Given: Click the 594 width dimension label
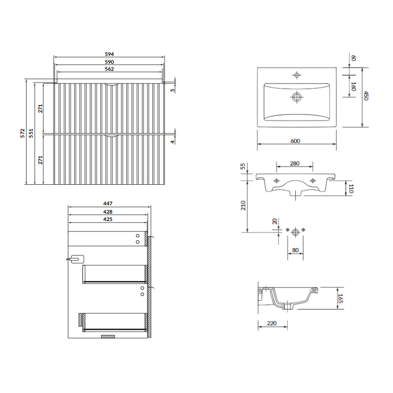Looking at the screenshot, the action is pos(109,54).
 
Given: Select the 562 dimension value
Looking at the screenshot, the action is pos(109,69).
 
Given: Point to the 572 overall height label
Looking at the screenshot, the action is pos(23,133).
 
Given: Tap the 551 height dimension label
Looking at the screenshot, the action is pos(31,133).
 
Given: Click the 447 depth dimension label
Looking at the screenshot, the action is pos(108,203).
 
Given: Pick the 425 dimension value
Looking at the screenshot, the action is pos(108,219).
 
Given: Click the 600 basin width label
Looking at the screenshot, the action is pos(295,141).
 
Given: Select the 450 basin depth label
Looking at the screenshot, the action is pos(366,96).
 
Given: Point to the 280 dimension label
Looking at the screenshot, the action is pos(295,164).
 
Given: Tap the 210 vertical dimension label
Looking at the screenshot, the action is pos(243,205).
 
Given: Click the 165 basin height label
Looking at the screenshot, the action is pos(340,298).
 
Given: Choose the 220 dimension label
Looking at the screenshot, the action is pos(272,323).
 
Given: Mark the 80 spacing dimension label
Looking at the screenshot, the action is pos(295,250).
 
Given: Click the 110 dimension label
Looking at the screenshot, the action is pos(351,189).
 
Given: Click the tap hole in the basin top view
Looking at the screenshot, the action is pos(297,75).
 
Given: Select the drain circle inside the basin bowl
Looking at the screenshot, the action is pos(297,97).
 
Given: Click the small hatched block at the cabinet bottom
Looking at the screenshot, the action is pos(108,337).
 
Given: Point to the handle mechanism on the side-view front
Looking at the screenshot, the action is pos(75,259).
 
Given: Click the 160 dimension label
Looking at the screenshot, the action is pos(353,86).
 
